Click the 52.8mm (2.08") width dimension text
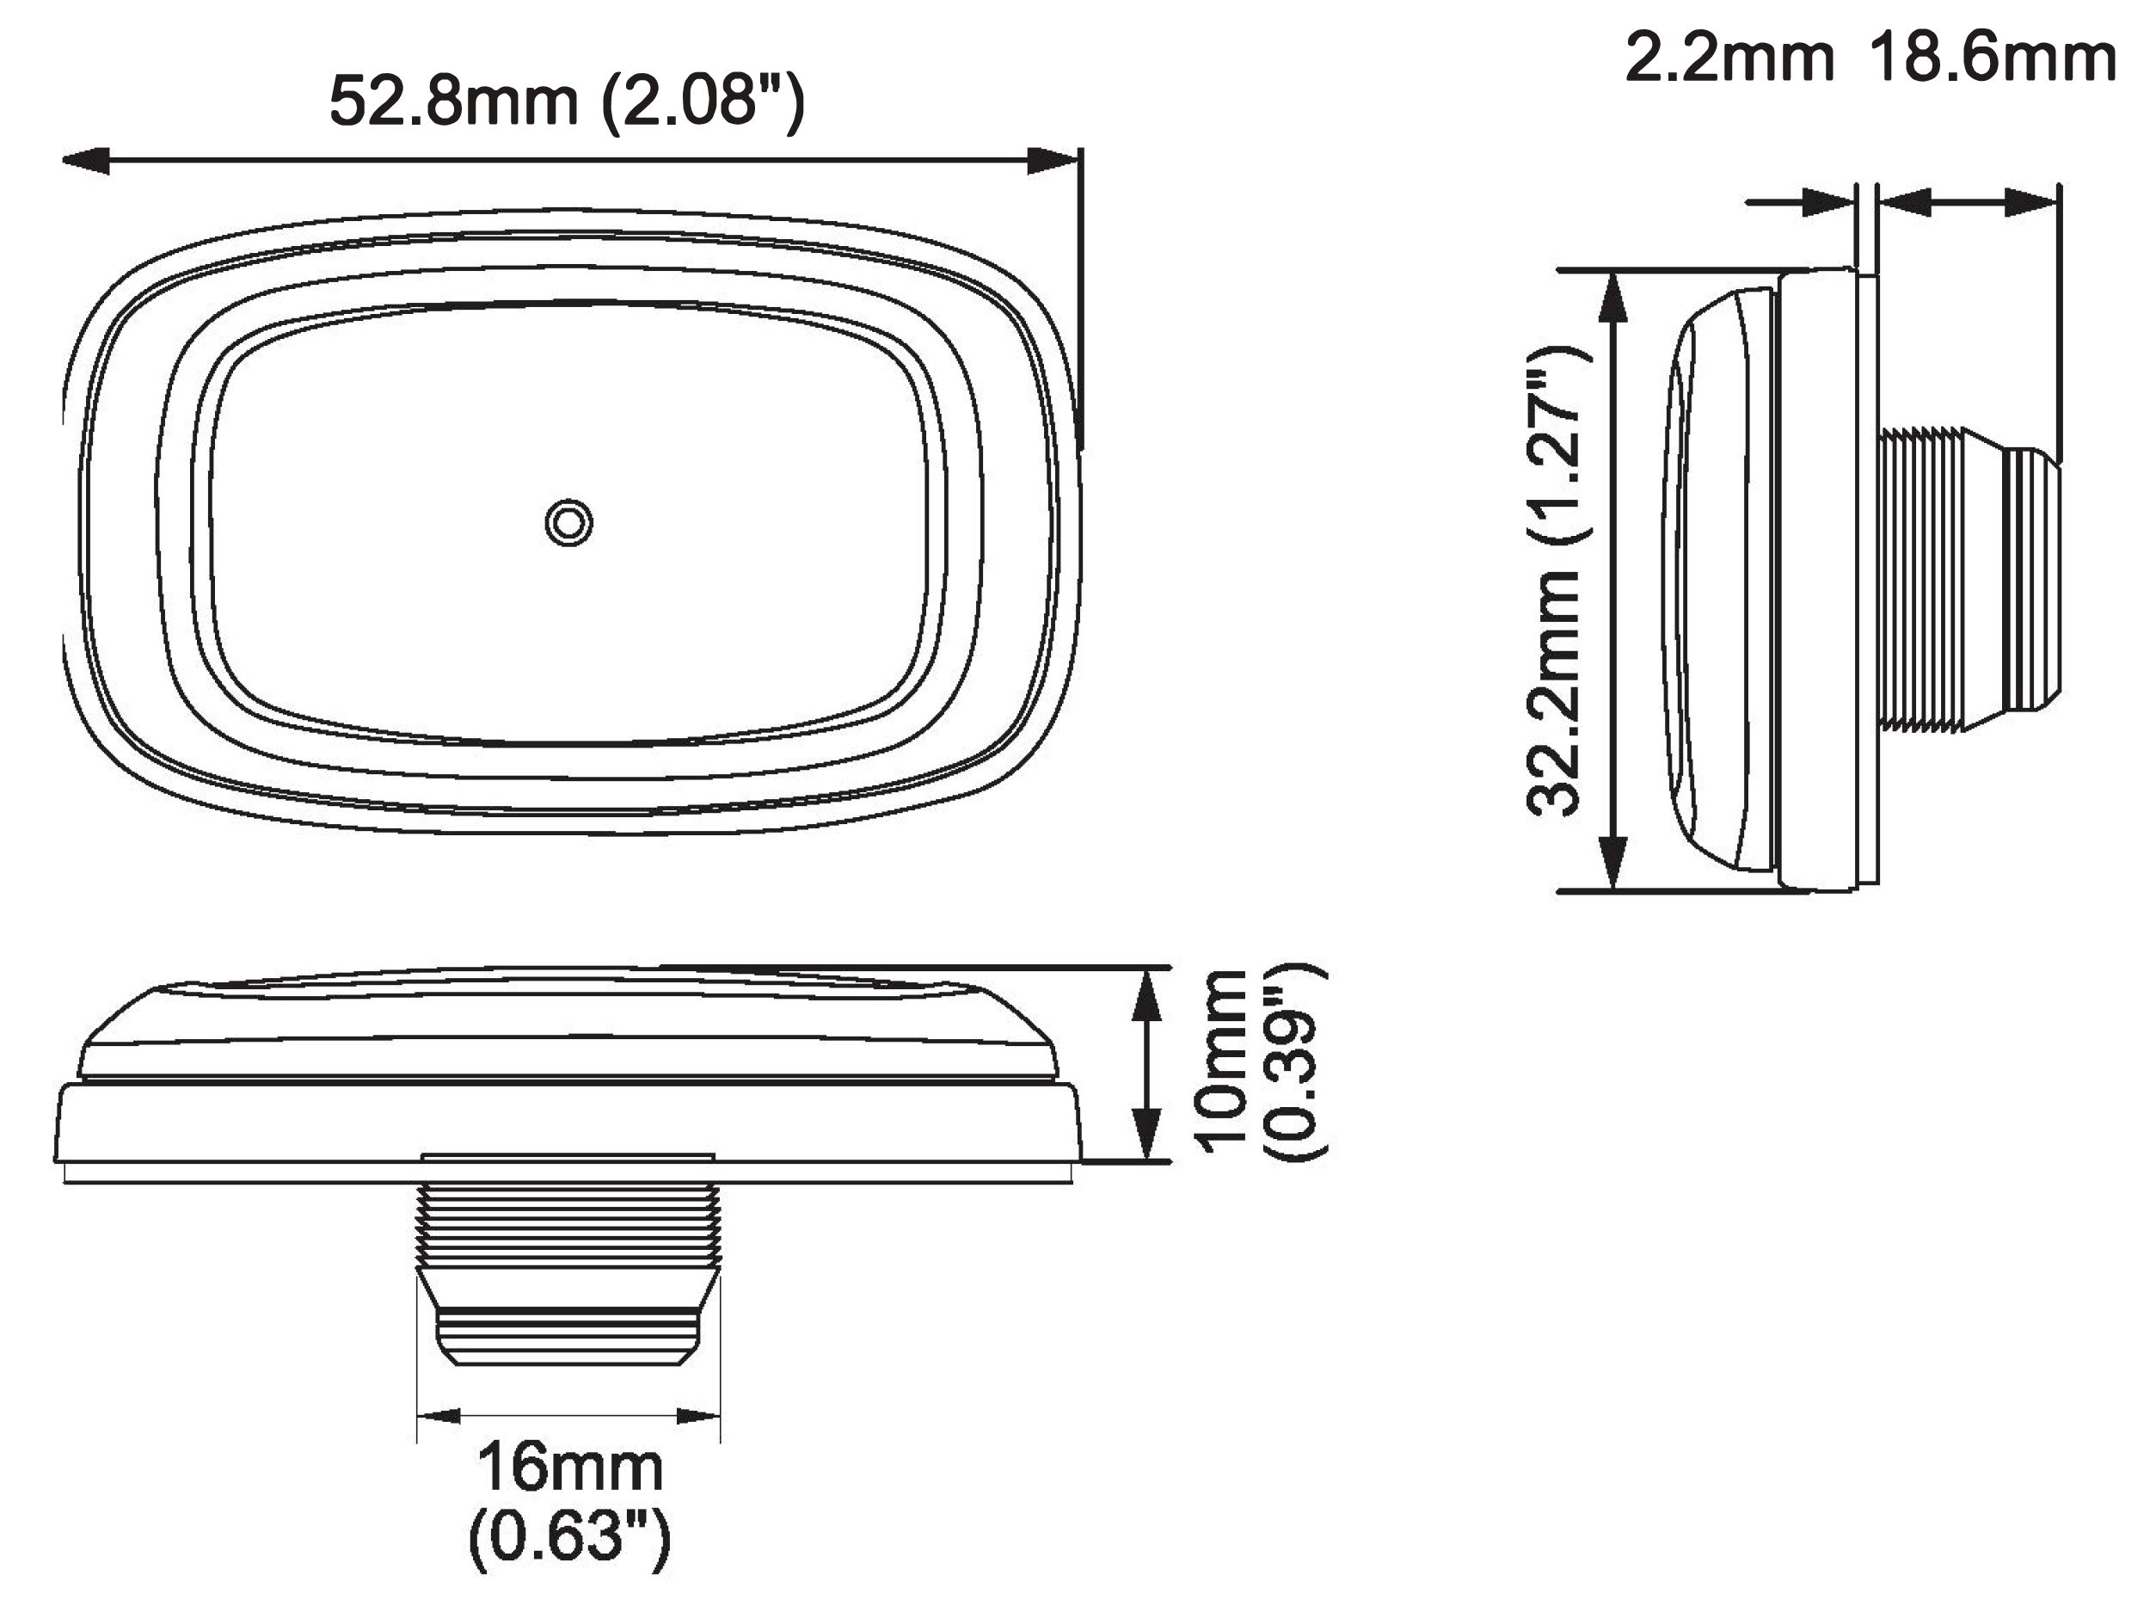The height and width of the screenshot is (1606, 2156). tap(567, 102)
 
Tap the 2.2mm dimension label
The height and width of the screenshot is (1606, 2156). tap(1729, 58)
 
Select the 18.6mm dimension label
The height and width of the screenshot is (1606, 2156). tap(1993, 58)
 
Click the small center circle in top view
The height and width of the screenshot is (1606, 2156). tap(568, 523)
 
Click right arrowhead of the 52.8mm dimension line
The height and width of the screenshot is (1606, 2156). tap(1053, 162)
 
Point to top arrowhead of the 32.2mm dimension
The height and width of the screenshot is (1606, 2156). tap(1613, 297)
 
